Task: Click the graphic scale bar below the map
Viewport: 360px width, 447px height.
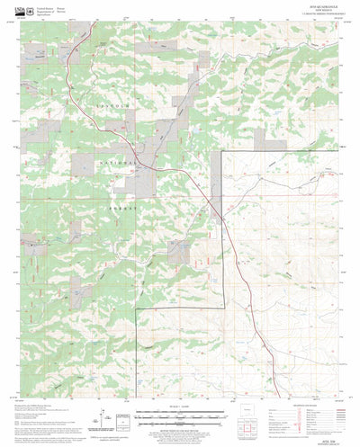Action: pyautogui.click(x=180, y=416)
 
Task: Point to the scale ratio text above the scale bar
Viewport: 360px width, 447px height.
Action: pyautogui.click(x=180, y=409)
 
